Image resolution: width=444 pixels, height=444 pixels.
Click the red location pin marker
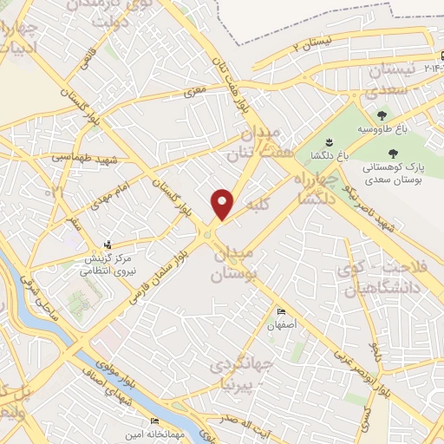[x=223, y=203]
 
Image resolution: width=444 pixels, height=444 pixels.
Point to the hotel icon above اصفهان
[x=280, y=311]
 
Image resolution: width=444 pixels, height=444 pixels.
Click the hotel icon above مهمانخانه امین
[x=154, y=421]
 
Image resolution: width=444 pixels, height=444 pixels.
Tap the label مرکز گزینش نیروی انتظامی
[x=104, y=264]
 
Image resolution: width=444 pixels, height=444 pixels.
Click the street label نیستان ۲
[x=313, y=44]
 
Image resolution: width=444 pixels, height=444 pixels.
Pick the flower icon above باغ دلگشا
[x=329, y=141]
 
